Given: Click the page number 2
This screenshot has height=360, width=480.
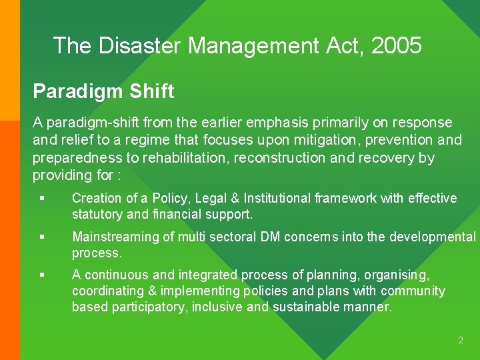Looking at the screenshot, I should pyautogui.click(x=460, y=341).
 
